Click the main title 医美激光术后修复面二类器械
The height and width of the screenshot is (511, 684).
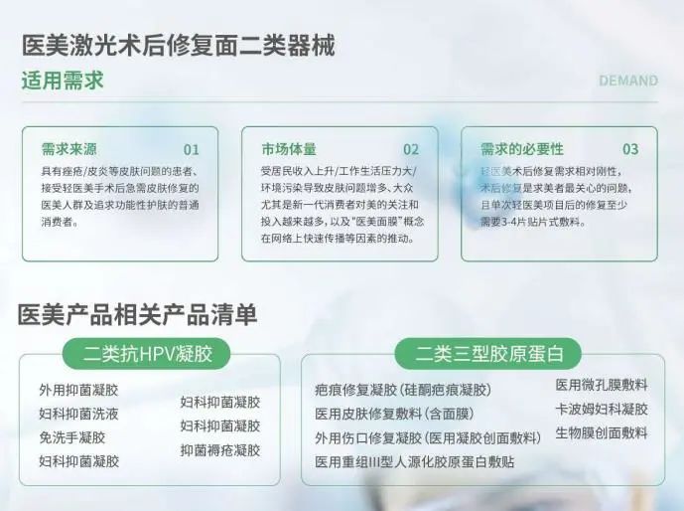(x=179, y=46)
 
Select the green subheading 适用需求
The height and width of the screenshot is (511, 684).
(x=63, y=81)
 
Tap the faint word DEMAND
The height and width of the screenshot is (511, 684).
(x=628, y=81)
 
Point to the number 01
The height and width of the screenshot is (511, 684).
(x=191, y=150)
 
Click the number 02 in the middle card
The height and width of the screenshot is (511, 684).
(x=411, y=150)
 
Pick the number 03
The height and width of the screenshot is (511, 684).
(x=630, y=149)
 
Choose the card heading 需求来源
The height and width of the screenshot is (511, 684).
(x=68, y=149)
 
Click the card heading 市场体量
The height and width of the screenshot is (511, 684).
(x=289, y=149)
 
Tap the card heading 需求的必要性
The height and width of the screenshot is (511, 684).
(x=522, y=149)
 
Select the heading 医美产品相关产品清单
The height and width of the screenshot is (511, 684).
(x=137, y=314)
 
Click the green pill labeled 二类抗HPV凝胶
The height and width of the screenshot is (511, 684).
(x=147, y=353)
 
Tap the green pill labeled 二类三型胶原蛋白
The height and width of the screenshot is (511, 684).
(x=488, y=353)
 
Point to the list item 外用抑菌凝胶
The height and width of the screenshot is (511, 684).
(x=78, y=390)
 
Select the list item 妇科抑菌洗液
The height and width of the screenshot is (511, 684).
(x=78, y=414)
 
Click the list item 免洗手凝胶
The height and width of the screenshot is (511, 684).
(x=72, y=437)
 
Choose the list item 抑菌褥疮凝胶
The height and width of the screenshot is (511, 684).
(x=220, y=449)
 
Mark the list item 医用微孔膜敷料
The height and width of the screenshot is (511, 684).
(x=602, y=385)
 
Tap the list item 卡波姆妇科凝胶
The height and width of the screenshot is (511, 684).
(x=602, y=409)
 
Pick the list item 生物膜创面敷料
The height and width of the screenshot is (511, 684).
(x=602, y=432)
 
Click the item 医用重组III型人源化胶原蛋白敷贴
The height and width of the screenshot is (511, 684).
(x=415, y=461)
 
